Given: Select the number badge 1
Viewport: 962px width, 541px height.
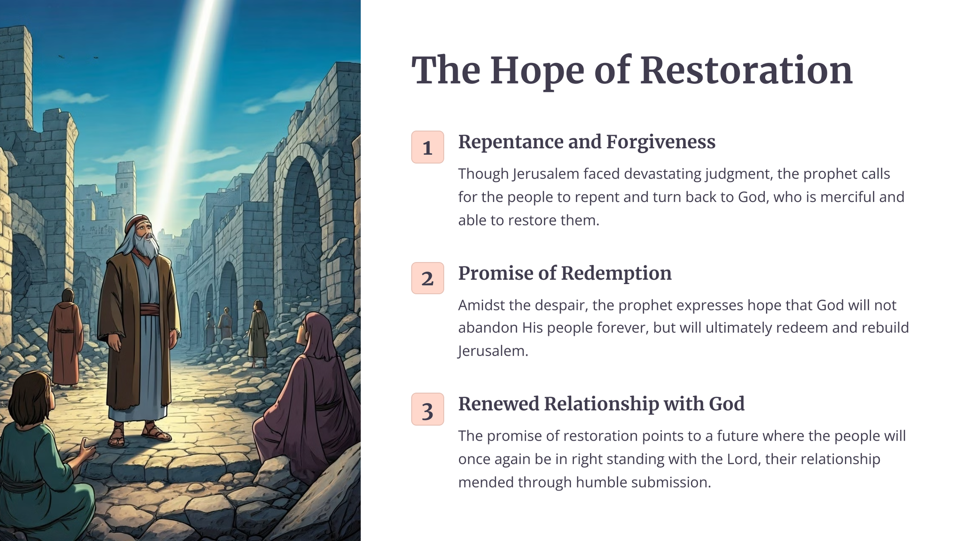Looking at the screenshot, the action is (427, 147).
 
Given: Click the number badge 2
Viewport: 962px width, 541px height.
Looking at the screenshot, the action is (427, 278).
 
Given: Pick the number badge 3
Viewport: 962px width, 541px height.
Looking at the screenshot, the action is (427, 409).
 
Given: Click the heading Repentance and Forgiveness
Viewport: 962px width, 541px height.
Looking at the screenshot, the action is (587, 142).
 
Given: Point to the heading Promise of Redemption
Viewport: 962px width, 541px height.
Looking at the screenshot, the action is (565, 273).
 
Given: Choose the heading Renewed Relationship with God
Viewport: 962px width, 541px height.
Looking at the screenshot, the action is (601, 404).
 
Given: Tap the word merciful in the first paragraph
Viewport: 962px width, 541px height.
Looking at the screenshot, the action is (847, 197).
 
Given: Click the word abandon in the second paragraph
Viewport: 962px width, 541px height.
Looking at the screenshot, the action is (488, 327).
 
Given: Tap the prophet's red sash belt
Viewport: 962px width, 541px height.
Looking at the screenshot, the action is (149, 310).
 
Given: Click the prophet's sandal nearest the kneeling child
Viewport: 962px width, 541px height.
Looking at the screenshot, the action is (116, 435).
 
